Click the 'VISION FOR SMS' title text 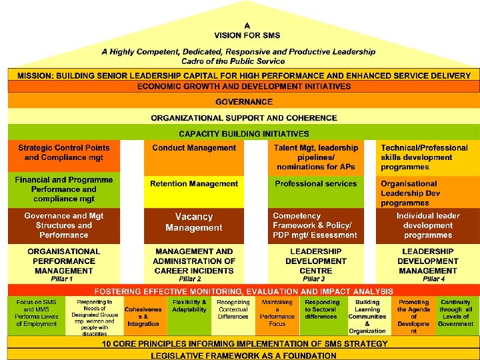[247, 35]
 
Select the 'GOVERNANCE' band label [244, 102]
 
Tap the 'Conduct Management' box [194, 148]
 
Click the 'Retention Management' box [194, 184]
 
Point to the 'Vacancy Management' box [194, 222]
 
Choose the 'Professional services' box [316, 184]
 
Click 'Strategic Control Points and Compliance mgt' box [64, 153]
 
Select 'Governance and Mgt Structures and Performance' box [64, 225]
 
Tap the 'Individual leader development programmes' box [428, 225]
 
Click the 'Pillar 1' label [62, 279]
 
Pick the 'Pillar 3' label [314, 279]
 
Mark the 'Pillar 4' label [434, 279]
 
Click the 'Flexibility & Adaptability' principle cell [189, 306]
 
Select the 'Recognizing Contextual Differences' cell [233, 310]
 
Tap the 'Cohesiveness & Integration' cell [143, 317]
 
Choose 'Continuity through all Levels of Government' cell [455, 313]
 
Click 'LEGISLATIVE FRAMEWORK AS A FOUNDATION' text [244, 355]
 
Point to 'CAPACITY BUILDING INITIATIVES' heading [244, 134]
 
